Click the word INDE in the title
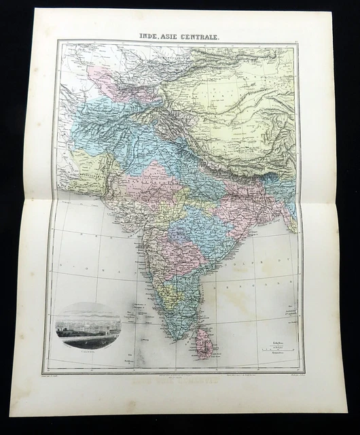151,35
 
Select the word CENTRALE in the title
203,35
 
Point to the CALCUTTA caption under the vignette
87,352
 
